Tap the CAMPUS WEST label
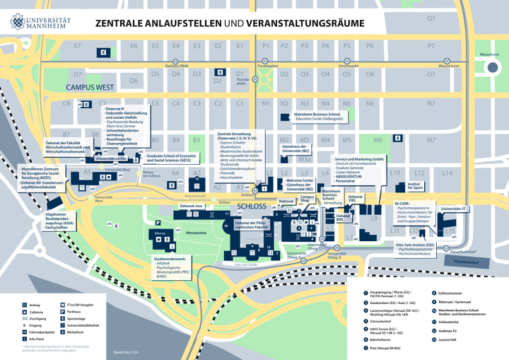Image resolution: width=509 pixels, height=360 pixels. (90, 87)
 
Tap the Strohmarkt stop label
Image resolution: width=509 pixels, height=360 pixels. (349, 66)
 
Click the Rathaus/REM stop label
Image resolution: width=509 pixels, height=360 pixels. (177, 66)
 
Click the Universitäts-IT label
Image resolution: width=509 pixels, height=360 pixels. (453, 209)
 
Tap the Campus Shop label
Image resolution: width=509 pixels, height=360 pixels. (307, 199)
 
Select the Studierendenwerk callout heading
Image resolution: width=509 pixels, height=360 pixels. (170, 260)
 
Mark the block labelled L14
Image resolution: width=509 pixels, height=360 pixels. (447, 173)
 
